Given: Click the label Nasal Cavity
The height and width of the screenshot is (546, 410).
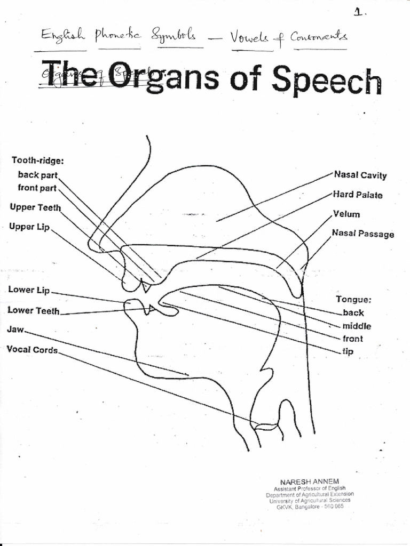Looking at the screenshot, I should pos(360,175).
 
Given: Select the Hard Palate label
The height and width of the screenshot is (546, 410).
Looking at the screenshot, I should pos(358,195).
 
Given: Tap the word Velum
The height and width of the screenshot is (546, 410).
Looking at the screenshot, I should pos(346,214).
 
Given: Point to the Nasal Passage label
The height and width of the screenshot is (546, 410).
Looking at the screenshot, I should pos(362,234).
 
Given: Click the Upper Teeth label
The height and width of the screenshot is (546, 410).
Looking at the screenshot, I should pos(35,207).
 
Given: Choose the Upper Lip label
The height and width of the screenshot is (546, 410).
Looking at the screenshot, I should pos(29,227).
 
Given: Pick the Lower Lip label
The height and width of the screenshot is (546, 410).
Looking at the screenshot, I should pos(29,290).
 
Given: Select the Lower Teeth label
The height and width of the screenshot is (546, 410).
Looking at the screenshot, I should pos(34,310).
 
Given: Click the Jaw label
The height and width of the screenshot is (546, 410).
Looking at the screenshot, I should pos(15,330).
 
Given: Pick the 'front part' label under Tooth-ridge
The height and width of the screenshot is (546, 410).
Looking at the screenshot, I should pos(37,188).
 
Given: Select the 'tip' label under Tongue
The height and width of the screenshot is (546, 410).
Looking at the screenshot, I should pos(348,351).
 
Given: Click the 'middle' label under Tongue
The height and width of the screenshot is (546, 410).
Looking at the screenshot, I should pos(357,326).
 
